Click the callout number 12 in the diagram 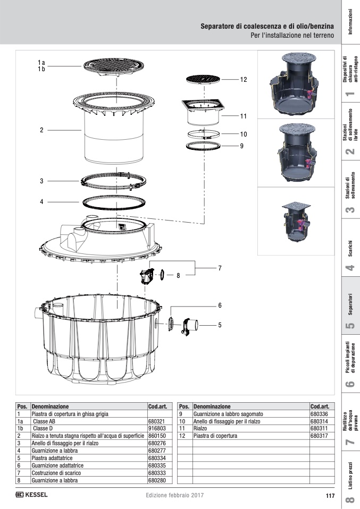(x=244, y=80)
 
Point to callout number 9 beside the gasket (x=241, y=145)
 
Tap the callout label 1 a (x=41, y=63)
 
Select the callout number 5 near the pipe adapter (x=219, y=324)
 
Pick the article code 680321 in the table (x=157, y=420)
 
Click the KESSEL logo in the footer (x=32, y=495)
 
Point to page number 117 (x=329, y=496)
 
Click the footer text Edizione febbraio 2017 (x=174, y=495)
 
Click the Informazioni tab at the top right (x=350, y=22)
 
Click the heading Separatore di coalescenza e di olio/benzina (x=267, y=26)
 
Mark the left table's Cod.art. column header (x=157, y=405)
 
